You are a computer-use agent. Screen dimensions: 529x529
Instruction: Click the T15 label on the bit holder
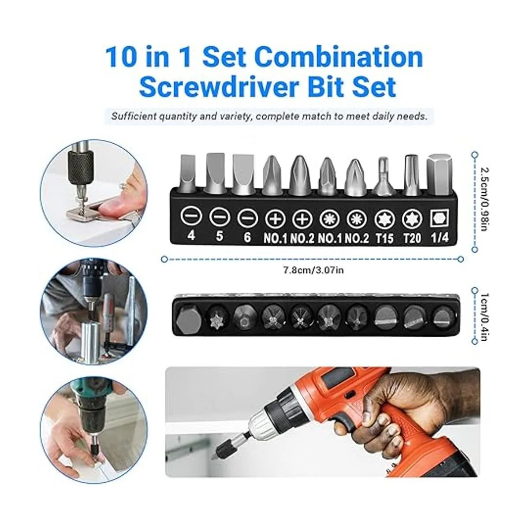tap(384, 238)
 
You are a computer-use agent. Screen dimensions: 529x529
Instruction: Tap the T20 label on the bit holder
tap(412, 238)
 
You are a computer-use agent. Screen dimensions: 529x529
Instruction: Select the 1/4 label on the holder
tap(440, 238)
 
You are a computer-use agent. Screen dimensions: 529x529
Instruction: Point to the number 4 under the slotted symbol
tap(191, 236)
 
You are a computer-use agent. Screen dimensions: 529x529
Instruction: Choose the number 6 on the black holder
tap(247, 237)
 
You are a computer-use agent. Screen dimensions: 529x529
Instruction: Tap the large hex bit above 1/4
tap(440, 174)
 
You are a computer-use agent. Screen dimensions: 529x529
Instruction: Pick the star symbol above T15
tap(384, 219)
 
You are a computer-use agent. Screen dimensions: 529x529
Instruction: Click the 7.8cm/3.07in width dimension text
tap(313, 270)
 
